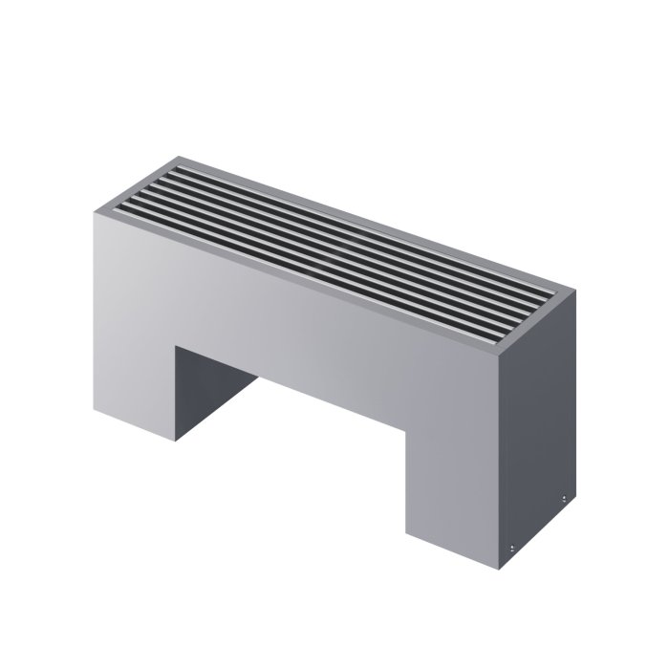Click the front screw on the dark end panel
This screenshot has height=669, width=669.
pyautogui.click(x=513, y=546)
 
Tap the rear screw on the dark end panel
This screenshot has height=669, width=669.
pyautogui.click(x=565, y=499)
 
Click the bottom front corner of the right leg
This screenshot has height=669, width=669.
pyautogui.click(x=498, y=570)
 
